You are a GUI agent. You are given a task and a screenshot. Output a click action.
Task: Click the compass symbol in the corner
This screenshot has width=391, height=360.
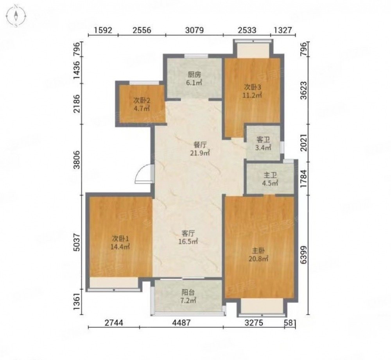tap(16, 16)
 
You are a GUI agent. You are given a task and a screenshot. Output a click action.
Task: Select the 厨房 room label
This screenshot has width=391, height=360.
tap(194, 74)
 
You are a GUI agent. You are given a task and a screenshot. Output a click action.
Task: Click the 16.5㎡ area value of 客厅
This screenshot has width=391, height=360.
tap(189, 241)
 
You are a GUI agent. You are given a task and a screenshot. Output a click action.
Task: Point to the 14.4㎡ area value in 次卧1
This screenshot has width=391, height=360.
tap(120, 247)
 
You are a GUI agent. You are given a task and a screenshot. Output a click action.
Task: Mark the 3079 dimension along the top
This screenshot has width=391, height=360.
tap(194, 30)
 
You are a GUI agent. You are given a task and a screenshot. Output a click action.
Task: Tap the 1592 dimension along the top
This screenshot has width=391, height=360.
tap(103, 30)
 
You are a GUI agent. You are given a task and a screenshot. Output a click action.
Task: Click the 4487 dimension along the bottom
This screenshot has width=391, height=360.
tap(181, 323)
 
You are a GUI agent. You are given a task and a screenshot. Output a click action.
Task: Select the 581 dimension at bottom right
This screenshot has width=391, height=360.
tap(290, 323)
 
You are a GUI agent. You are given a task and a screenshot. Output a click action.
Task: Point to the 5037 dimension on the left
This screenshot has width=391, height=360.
tap(77, 242)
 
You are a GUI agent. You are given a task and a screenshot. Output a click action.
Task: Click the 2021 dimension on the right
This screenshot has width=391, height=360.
tap(304, 143)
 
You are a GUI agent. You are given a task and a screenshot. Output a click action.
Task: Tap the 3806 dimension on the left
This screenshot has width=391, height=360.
tap(77, 160)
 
